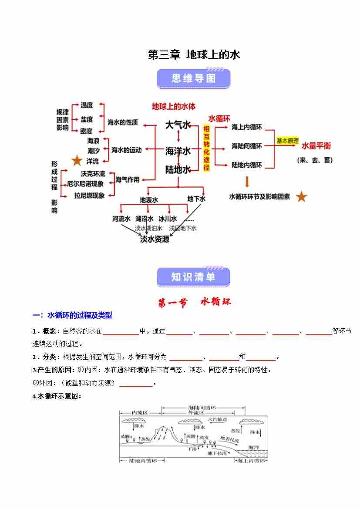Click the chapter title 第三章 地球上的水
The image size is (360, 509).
click(194, 55)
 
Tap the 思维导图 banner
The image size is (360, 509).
click(193, 79)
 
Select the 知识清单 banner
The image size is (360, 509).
click(193, 277)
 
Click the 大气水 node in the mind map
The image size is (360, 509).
click(178, 125)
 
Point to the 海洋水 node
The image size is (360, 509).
click(178, 151)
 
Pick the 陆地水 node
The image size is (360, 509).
click(178, 170)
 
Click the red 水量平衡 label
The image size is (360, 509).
click(316, 145)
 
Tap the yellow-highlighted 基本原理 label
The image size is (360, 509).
click(287, 141)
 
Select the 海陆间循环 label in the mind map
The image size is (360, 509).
click(247, 146)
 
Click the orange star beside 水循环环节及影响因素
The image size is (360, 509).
click(302, 197)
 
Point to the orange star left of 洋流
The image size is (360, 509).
click(77, 161)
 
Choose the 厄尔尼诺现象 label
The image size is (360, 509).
click(86, 184)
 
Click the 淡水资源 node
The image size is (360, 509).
click(155, 239)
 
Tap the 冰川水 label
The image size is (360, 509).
click(168, 219)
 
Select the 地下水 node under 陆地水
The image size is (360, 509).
click(196, 199)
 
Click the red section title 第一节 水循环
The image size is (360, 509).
click(194, 302)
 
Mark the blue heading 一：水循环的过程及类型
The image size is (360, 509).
click(73, 315)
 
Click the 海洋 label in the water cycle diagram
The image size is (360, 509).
click(253, 447)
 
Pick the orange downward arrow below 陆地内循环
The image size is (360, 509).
click(247, 182)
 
